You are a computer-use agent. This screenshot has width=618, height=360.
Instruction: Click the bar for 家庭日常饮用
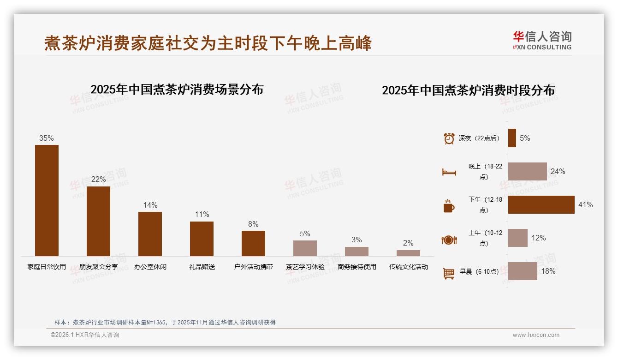point(47,200)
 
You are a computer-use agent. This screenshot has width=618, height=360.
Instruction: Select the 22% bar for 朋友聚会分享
point(98,221)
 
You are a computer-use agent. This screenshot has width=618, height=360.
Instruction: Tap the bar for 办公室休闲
point(150,234)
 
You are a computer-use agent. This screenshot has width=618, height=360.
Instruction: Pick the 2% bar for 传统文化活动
point(408,253)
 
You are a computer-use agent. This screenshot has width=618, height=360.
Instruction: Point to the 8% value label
point(253,224)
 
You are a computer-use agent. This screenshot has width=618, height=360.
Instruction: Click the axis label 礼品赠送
point(202,267)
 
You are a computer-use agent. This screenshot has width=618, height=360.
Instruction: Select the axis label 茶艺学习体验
point(305,267)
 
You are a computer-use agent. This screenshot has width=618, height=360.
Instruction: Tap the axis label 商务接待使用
point(357,267)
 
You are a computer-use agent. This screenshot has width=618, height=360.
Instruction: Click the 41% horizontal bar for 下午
point(541,204)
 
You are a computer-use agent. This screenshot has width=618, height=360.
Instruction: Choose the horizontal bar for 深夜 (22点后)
point(512,138)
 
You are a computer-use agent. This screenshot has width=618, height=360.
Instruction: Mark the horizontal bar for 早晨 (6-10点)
point(523,271)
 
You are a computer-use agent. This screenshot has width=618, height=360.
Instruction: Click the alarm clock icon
point(449,138)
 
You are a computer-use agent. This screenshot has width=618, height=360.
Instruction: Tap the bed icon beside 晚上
point(449,172)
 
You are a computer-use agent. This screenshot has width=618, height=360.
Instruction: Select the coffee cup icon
point(449,206)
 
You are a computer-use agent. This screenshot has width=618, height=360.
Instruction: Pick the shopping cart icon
point(449,273)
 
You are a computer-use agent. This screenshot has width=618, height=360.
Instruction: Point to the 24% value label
point(558,172)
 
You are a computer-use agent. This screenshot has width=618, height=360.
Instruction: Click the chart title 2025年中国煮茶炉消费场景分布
point(177,90)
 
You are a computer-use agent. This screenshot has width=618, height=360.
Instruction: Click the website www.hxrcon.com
point(536,335)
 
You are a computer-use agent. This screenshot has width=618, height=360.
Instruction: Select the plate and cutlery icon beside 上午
point(449,240)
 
